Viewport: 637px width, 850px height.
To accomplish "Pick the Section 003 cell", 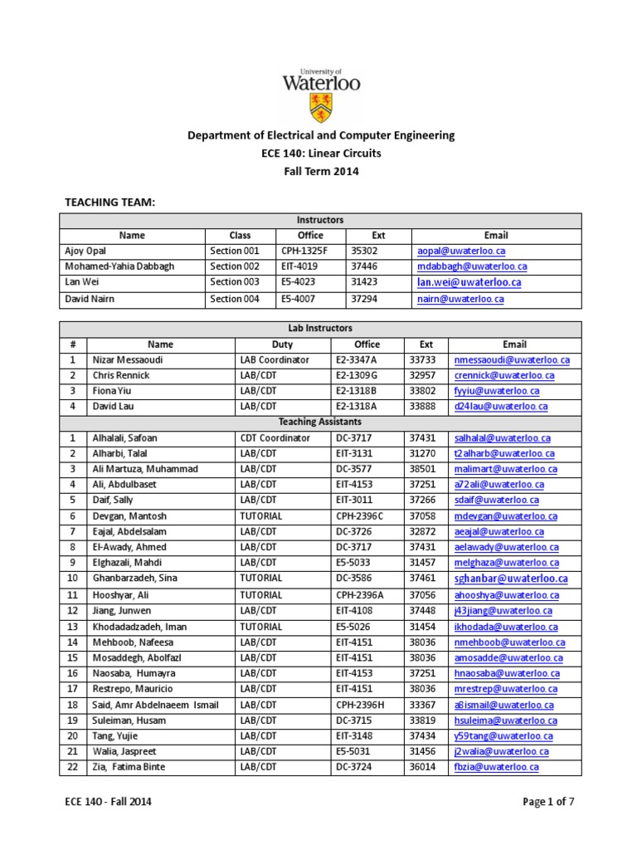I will point(235,282).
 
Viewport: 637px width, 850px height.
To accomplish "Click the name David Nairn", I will point(92,298).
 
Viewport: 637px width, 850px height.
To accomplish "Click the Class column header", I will point(240,236).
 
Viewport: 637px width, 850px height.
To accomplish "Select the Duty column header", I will point(282,344).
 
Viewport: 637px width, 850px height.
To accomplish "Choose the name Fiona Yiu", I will point(111,391).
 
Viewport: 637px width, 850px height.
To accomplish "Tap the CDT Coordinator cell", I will point(275,437).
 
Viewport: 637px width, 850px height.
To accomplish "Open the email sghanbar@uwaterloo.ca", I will point(511,579).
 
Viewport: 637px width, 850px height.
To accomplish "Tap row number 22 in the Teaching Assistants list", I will point(72,767).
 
